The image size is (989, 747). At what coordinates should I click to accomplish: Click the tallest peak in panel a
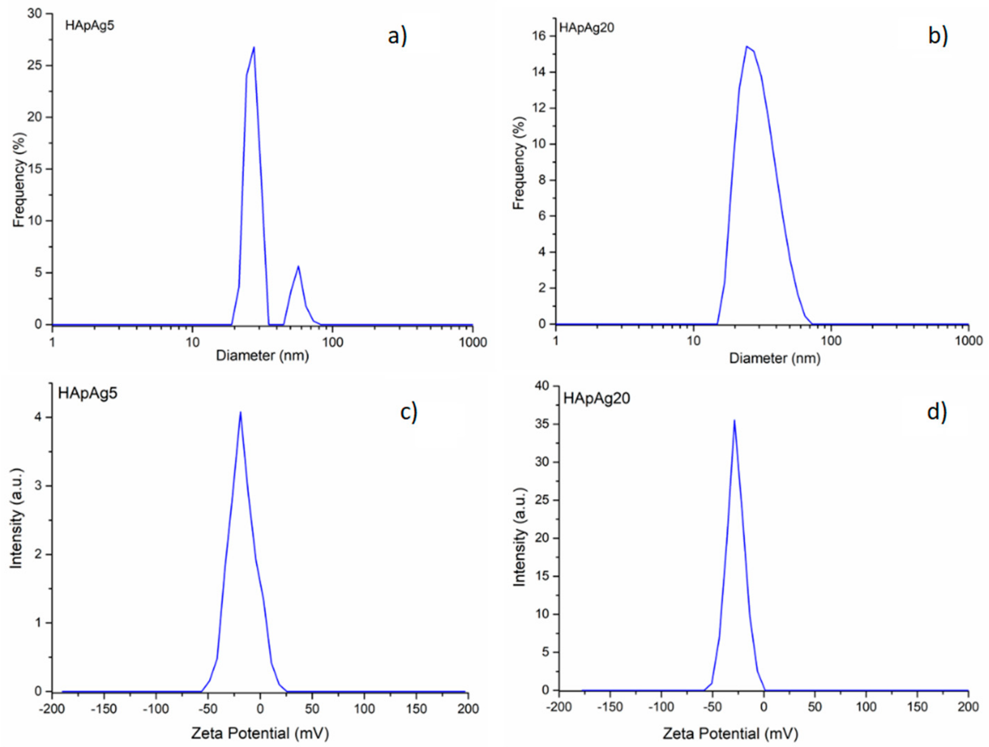click(254, 48)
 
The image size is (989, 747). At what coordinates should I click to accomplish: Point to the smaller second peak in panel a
click(298, 267)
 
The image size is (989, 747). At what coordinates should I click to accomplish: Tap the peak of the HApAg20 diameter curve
click(746, 46)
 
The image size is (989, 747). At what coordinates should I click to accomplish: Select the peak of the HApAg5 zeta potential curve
click(241, 412)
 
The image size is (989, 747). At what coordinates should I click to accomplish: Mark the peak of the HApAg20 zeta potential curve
click(734, 420)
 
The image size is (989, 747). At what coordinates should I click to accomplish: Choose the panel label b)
click(938, 36)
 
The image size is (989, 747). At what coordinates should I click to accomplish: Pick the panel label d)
click(937, 412)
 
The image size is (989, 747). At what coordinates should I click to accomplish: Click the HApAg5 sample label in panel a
click(89, 26)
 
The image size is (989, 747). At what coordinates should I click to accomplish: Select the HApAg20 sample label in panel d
click(597, 398)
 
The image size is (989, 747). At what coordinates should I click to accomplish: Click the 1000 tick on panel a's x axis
click(473, 342)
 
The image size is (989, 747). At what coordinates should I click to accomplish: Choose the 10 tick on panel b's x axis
click(693, 341)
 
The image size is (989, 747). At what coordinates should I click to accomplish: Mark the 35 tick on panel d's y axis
click(542, 424)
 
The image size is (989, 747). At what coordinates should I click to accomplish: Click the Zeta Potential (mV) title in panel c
click(260, 734)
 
